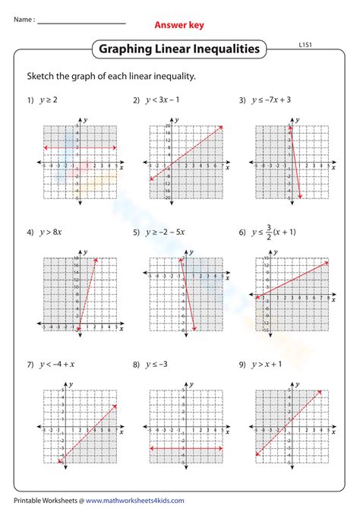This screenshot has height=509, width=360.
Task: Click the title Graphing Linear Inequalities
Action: click(x=179, y=50)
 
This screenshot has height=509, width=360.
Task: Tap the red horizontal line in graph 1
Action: click(x=79, y=147)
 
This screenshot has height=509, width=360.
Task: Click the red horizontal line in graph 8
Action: click(x=185, y=448)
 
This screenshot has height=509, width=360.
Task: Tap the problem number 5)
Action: click(x=136, y=232)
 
